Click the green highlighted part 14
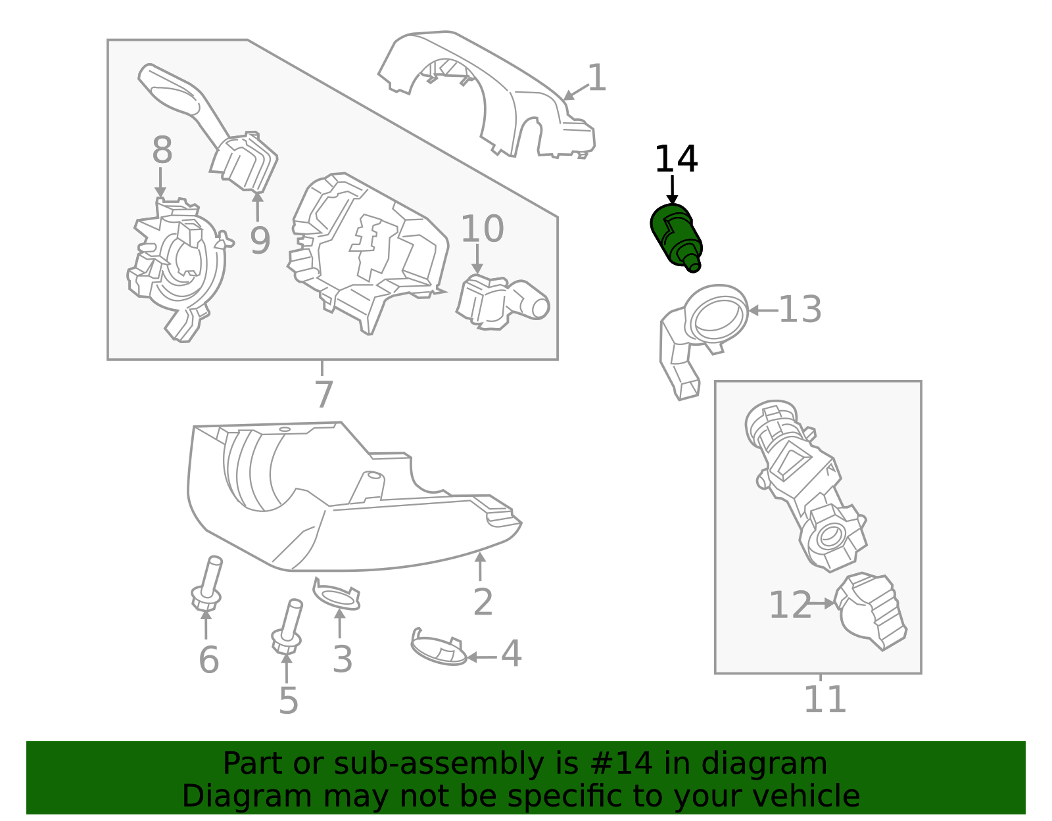[x=675, y=237]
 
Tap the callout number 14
[x=676, y=160]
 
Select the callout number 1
[x=596, y=78]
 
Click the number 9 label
[x=260, y=241]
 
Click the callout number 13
[x=800, y=310]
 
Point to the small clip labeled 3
[x=337, y=595]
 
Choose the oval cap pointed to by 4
[x=437, y=647]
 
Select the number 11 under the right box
[x=825, y=699]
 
